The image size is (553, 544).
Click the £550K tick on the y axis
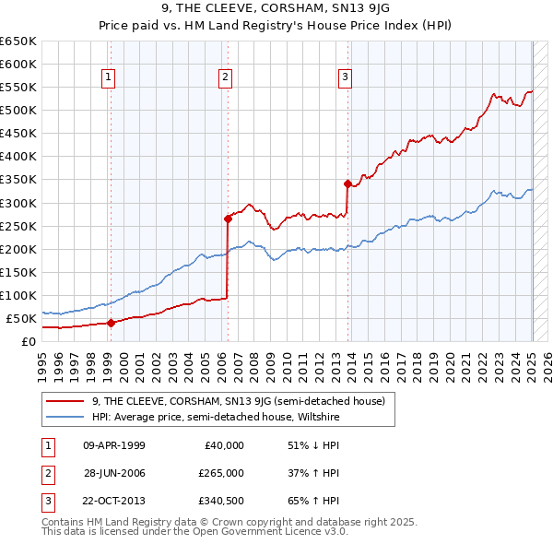(x=19, y=88)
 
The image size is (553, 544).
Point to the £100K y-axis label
(x=19, y=295)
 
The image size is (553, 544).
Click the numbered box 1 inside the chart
(x=109, y=77)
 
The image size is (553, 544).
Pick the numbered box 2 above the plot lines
(x=225, y=77)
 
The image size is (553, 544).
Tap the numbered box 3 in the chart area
(x=346, y=77)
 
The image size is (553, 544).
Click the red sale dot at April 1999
(x=111, y=323)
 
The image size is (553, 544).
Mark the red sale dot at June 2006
(x=228, y=219)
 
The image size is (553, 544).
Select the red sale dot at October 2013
(x=347, y=183)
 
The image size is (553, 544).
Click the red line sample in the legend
(x=66, y=401)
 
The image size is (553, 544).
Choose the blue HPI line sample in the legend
(x=66, y=416)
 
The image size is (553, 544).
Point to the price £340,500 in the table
(x=221, y=502)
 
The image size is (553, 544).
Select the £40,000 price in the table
(x=224, y=444)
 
